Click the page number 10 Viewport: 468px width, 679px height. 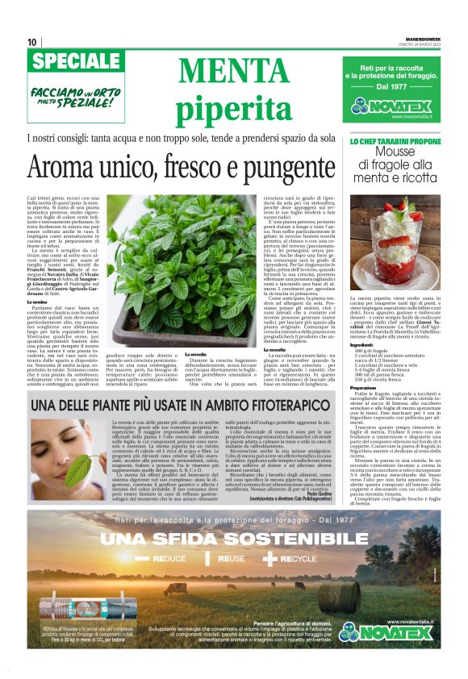click(31, 42)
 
